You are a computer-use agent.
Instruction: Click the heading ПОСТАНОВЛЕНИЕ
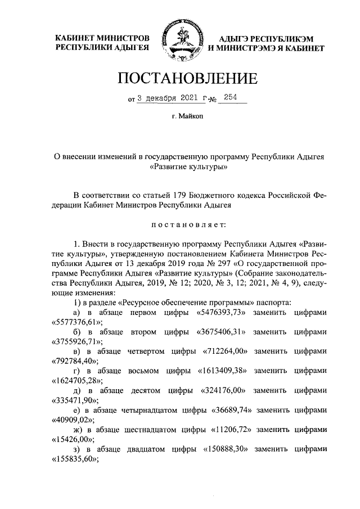(x=180, y=78)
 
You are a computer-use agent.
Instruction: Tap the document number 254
(x=230, y=97)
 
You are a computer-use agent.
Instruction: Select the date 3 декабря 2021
(x=166, y=97)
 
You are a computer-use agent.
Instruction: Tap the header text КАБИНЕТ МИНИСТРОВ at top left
(x=101, y=38)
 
